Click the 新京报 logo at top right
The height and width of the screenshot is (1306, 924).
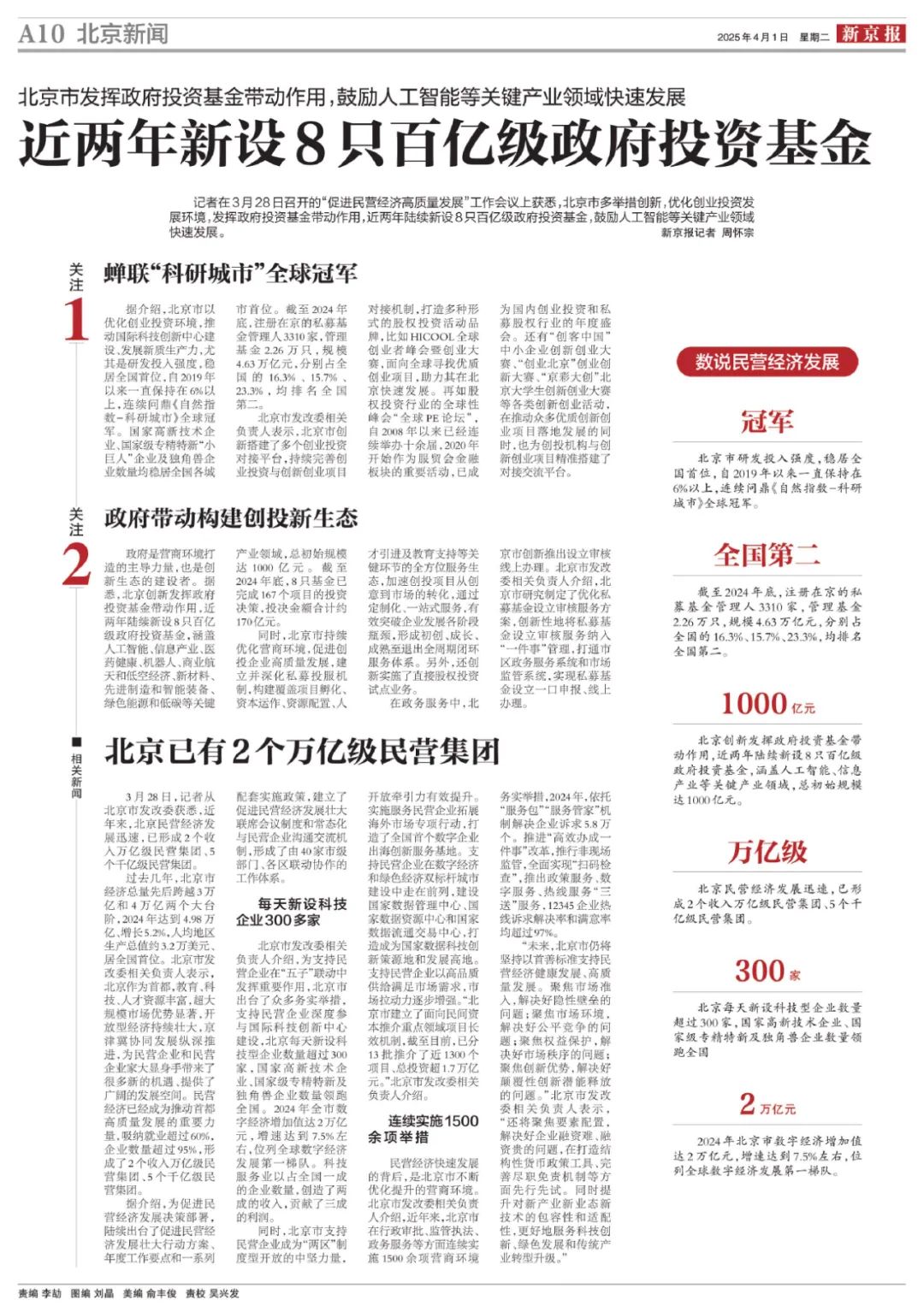870,34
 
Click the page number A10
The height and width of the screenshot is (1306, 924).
41,34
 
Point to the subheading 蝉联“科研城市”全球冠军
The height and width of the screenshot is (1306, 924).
230,274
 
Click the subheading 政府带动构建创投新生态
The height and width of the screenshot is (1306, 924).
231,518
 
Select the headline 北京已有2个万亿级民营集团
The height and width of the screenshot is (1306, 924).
302,751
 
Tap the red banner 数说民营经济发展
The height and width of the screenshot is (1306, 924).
767,362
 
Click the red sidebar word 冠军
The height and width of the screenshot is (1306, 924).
767,422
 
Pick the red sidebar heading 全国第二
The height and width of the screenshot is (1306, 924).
767,555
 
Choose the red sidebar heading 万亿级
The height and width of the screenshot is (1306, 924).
767,851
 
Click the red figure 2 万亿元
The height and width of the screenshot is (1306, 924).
767,1104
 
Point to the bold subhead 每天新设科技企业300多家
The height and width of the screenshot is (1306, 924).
292,912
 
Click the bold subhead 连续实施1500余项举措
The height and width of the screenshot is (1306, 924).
423,1129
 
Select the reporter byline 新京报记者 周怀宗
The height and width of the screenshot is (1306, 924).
708,233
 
